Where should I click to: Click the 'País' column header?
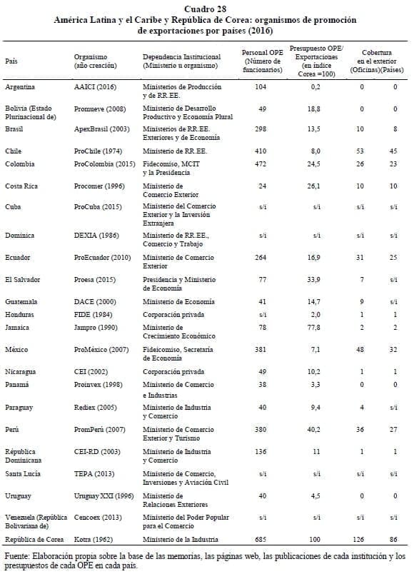[x=11, y=61]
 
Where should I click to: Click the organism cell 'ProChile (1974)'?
[x=99, y=151]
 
